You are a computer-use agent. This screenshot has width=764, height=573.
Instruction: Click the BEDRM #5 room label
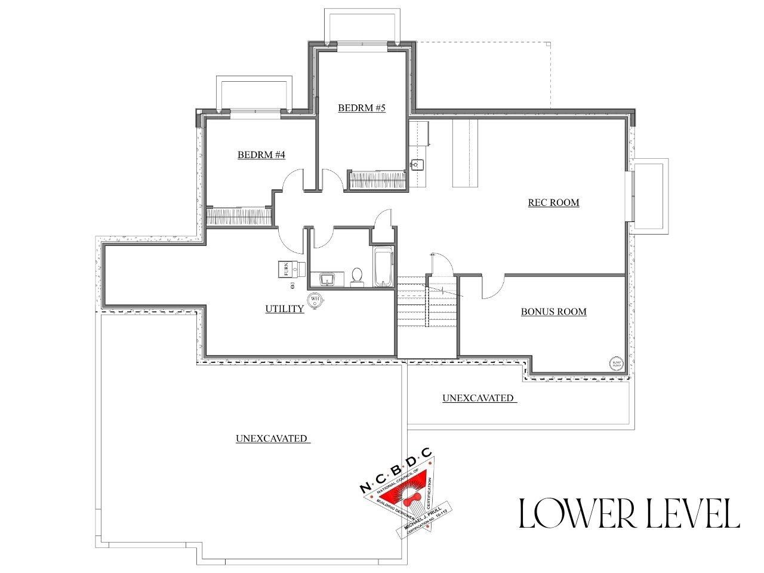tap(362, 108)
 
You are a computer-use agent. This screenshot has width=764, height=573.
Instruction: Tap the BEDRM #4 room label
tap(261, 155)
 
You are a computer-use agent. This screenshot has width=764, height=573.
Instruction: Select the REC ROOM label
tap(553, 202)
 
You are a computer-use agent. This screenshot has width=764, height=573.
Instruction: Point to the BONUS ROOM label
tap(553, 312)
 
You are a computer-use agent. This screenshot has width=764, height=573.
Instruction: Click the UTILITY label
tap(285, 309)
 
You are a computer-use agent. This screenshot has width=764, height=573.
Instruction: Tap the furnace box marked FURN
tap(286, 269)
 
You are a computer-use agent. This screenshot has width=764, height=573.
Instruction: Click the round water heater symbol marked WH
tap(315, 299)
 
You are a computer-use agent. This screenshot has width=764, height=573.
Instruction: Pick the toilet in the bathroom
tap(357, 277)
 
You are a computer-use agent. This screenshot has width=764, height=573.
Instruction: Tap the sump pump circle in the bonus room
tap(616, 363)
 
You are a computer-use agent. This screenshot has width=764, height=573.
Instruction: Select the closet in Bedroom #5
tap(377, 180)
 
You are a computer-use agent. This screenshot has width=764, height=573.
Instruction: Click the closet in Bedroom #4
tap(239, 216)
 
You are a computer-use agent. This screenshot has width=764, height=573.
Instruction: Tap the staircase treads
tap(412, 304)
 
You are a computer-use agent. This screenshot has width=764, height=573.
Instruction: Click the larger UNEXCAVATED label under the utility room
tap(272, 439)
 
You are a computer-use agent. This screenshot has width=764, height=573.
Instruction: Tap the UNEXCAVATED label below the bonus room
tap(478, 398)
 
